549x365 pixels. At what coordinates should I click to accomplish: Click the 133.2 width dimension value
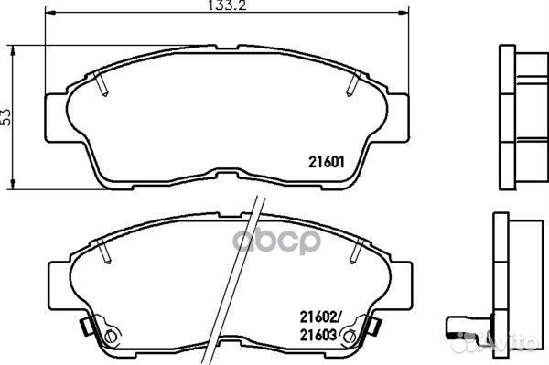227,5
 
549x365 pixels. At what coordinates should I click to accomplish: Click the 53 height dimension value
6,117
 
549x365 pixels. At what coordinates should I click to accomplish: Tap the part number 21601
327,162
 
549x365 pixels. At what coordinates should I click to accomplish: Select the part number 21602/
320,317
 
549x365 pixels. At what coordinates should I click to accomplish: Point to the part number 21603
318,335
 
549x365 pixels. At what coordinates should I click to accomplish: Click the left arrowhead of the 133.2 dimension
50,13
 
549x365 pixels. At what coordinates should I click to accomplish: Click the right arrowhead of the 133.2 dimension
404,13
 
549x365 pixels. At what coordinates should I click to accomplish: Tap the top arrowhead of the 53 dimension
13,50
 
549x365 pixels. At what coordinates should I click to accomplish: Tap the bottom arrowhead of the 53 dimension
13,185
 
